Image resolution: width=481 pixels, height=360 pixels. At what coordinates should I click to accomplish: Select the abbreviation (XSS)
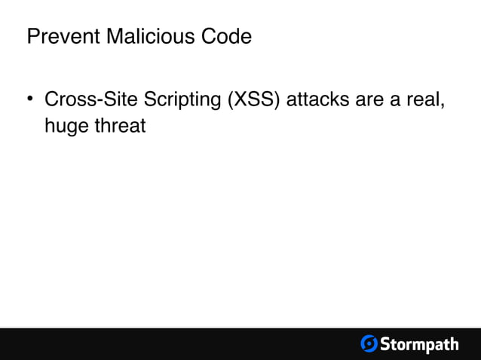point(256,100)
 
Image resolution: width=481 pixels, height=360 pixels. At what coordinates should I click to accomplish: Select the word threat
point(118,125)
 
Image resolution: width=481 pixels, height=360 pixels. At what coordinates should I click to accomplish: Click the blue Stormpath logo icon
point(369,344)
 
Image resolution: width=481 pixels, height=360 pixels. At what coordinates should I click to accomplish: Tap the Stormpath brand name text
point(419,345)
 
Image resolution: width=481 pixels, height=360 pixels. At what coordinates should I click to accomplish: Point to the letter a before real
point(394,101)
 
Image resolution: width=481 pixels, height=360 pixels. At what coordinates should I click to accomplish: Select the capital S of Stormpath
point(385,344)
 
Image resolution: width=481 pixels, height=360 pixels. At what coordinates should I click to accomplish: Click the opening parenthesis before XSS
point(231,100)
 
